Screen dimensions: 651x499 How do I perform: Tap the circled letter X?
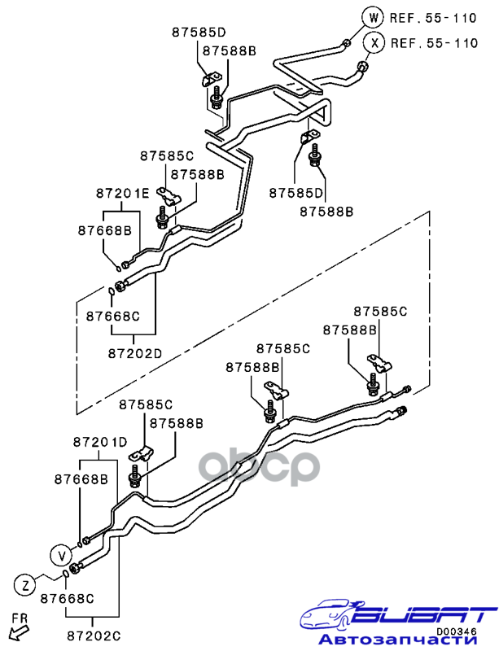(374, 43)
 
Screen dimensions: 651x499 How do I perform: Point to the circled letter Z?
(25, 583)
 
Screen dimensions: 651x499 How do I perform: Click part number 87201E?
(123, 194)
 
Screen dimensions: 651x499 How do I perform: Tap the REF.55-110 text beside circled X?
(434, 43)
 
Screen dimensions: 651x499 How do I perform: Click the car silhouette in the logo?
(334, 614)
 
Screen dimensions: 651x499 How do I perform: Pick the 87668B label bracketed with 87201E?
(105, 230)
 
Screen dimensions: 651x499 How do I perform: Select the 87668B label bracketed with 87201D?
(81, 480)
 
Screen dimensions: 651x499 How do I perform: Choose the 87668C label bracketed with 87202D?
(113, 316)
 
